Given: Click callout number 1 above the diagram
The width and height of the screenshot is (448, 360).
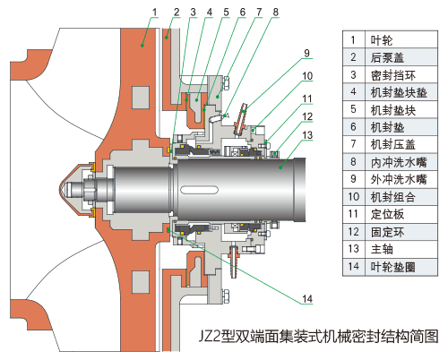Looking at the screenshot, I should (x=155, y=11).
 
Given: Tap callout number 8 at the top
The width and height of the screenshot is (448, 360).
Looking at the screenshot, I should (x=275, y=11).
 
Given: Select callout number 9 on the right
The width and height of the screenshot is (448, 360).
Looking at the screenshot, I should (x=306, y=51).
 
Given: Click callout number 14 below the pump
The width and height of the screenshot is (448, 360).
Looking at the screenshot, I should (x=307, y=296).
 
